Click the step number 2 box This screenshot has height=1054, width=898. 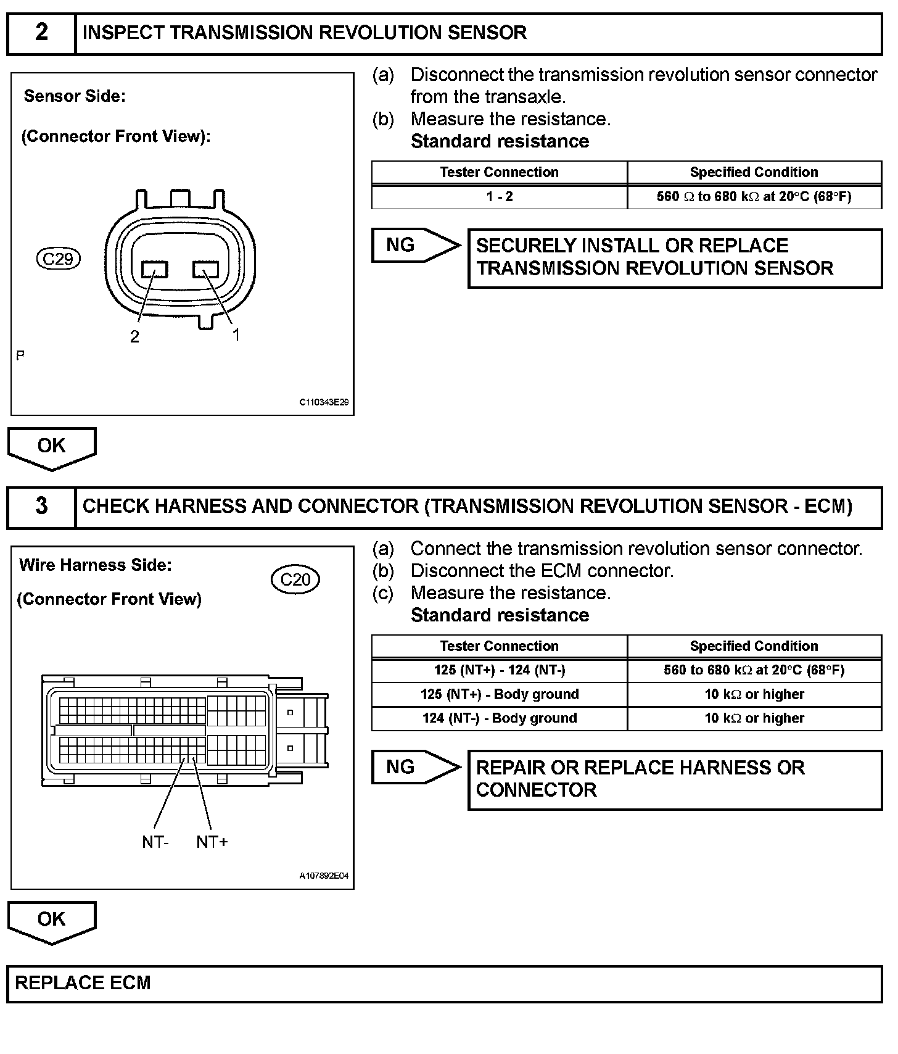tap(41, 33)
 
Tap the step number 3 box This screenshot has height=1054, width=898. tap(41, 507)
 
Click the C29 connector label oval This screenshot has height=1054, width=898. tap(59, 259)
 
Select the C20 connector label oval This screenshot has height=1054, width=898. tap(295, 579)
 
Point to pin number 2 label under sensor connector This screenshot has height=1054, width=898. tap(134, 336)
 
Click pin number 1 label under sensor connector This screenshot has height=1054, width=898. tap(236, 334)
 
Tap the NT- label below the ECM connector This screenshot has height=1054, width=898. tap(155, 842)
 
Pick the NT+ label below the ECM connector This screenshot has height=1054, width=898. tap(212, 842)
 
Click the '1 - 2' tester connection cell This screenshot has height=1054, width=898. tap(499, 197)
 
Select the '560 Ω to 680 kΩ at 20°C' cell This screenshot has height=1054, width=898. tap(754, 197)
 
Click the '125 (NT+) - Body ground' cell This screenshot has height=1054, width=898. tap(499, 694)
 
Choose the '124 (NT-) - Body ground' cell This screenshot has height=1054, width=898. tap(499, 718)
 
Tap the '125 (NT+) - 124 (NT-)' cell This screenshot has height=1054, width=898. tap(499, 670)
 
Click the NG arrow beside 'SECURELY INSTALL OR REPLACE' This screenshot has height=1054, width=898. tap(414, 246)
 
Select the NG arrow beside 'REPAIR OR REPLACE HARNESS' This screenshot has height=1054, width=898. tap(414, 767)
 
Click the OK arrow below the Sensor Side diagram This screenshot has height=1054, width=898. tap(52, 447)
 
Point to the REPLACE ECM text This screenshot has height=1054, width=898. tap(83, 983)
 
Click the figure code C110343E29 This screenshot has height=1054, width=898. tap(324, 402)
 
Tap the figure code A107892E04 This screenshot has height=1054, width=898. tap(324, 876)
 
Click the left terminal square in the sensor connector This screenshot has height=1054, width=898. tap(155, 270)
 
